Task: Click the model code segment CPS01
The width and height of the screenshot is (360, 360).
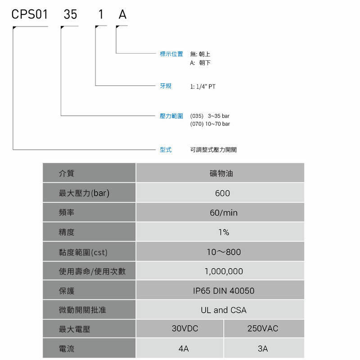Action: coord(30,14)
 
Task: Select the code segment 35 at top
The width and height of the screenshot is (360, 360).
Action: coord(70,14)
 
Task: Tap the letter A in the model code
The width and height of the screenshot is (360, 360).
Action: coord(122,14)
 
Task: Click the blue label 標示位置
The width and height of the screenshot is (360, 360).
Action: coord(171,54)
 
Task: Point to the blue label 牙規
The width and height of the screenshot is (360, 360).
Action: coord(166,86)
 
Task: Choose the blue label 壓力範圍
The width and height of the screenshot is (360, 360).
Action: coord(171,116)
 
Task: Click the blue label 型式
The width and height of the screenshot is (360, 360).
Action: coord(166,150)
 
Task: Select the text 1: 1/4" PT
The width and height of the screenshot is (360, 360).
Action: coord(203,86)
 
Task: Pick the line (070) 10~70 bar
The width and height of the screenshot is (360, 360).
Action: coord(210,124)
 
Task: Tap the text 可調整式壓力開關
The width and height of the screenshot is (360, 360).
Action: coord(213,150)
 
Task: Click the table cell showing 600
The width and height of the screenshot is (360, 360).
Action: coord(220,193)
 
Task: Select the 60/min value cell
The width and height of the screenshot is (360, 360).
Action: coord(220,212)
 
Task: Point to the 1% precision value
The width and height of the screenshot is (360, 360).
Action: coord(220,232)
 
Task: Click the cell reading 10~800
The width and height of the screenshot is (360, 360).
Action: coord(220,252)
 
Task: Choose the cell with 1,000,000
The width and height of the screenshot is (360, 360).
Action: coord(220,271)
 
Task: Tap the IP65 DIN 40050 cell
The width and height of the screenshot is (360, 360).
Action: coord(220,290)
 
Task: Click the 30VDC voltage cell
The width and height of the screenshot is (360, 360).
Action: coord(180,328)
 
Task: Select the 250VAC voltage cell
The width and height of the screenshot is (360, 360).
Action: coord(264,328)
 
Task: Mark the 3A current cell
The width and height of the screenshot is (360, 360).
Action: coord(264,348)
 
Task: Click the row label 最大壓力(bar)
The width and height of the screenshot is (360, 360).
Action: coord(84,193)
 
